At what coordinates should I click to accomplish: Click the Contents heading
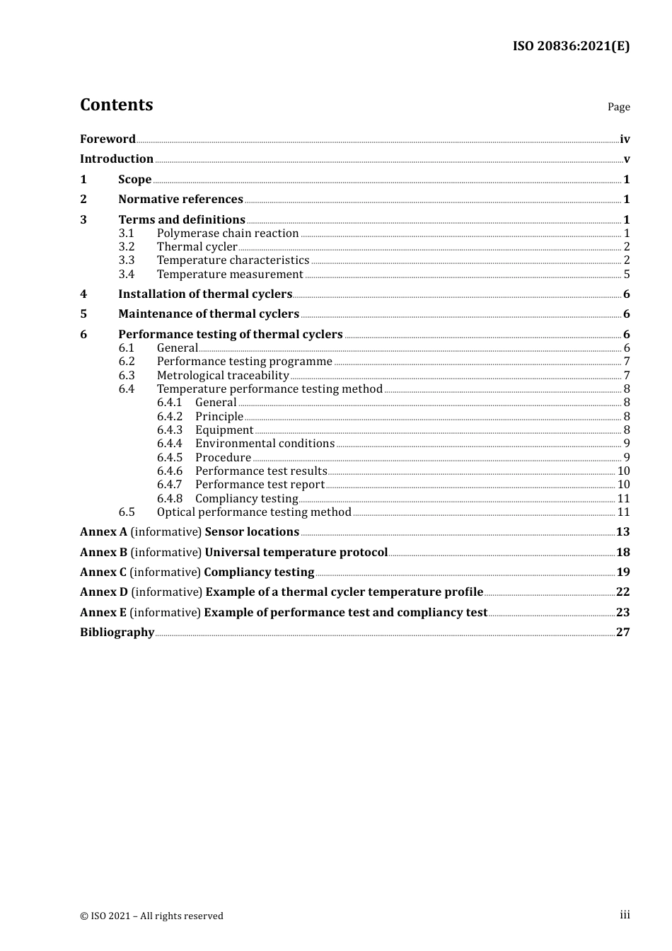click(x=116, y=105)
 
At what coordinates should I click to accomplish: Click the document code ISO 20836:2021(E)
click(x=571, y=46)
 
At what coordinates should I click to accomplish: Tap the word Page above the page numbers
click(x=618, y=107)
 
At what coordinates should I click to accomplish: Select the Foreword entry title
click(x=108, y=139)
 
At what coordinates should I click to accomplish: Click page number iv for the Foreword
click(x=625, y=139)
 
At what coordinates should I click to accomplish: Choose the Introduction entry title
click(x=117, y=159)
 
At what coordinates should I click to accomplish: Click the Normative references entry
click(x=180, y=200)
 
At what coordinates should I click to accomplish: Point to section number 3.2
click(x=127, y=247)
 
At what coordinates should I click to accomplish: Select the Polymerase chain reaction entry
click(x=228, y=234)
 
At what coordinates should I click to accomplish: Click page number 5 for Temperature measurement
click(x=627, y=275)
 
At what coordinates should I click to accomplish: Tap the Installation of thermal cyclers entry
click(x=205, y=294)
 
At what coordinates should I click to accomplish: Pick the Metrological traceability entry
click(x=223, y=376)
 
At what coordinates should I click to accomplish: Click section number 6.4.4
click(x=170, y=444)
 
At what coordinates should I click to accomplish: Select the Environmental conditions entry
click(x=265, y=444)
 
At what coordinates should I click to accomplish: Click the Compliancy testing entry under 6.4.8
click(x=246, y=499)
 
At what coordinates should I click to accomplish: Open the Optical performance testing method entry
click(x=254, y=512)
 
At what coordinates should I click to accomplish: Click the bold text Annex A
click(x=103, y=532)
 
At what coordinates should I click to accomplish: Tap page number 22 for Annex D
click(x=622, y=592)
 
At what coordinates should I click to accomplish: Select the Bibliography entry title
click(x=117, y=633)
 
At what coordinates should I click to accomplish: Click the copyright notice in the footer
click(x=151, y=916)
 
